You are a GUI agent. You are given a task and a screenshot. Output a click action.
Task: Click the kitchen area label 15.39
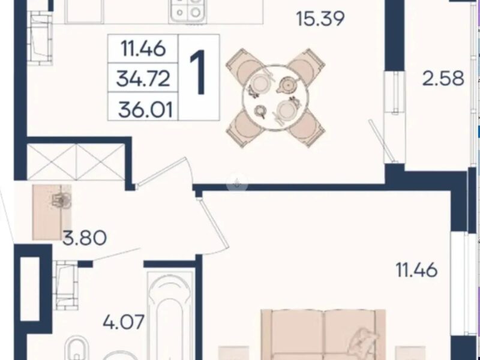pyautogui.click(x=320, y=19)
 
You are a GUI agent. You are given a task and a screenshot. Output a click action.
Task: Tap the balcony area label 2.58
pyautogui.click(x=443, y=79)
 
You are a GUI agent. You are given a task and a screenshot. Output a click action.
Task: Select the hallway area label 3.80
pyautogui.click(x=85, y=238)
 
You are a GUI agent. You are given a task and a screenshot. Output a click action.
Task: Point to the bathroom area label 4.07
pyautogui.click(x=124, y=322)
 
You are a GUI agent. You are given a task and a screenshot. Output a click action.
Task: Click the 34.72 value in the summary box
pyautogui.click(x=143, y=79)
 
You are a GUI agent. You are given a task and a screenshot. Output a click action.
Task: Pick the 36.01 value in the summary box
pyautogui.click(x=145, y=110)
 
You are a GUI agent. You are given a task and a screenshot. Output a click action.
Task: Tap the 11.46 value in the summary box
pyautogui.click(x=143, y=49)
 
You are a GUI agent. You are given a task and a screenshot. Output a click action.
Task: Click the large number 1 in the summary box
pyautogui.click(x=198, y=72)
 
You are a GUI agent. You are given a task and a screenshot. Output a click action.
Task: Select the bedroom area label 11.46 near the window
pyautogui.click(x=416, y=270)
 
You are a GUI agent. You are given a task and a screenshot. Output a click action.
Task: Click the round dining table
pyautogui.click(x=275, y=98)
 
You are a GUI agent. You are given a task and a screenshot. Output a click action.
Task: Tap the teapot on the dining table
pyautogui.click(x=287, y=85)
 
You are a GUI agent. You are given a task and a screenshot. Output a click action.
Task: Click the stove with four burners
pyautogui.click(x=188, y=11)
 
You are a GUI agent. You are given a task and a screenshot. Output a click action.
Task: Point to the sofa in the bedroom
pyautogui.click(x=323, y=335)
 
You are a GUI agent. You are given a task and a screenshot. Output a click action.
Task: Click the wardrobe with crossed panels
pyautogui.click(x=76, y=161)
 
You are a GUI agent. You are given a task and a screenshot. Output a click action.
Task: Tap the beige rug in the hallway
pyautogui.click(x=52, y=212)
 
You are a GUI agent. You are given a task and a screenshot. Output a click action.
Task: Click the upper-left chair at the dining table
pyautogui.click(x=245, y=67)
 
